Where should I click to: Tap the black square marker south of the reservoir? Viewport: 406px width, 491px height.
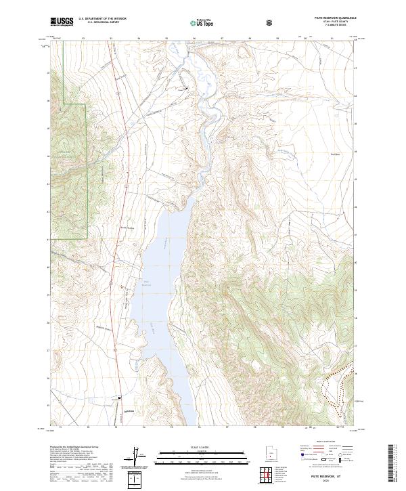coord(120,398)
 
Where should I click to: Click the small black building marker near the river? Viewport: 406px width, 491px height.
coord(187,88)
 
